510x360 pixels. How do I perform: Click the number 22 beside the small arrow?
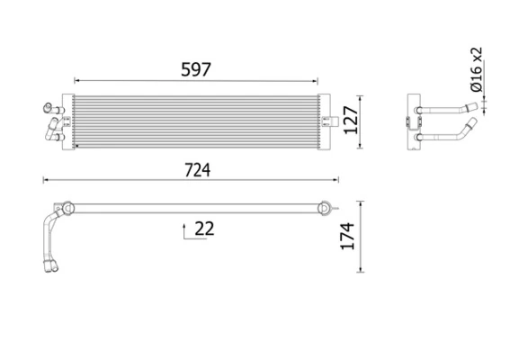(204, 229)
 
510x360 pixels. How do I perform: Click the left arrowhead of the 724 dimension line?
(45, 182)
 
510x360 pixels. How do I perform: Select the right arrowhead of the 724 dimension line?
(339, 182)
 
